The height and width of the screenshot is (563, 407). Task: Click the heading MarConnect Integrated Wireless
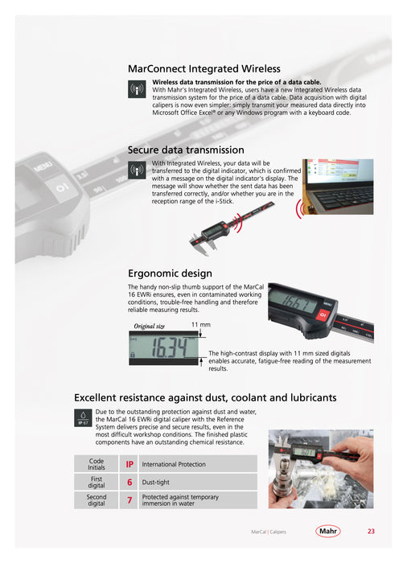(204, 68)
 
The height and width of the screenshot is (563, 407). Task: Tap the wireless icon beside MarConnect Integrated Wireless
(137, 89)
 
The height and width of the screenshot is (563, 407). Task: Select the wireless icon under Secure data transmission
(137, 170)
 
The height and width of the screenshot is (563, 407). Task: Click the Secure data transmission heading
(186, 150)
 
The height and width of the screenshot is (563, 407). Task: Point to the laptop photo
(338, 187)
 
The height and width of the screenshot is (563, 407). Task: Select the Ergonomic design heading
(170, 273)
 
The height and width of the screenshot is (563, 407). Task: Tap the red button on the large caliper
(323, 315)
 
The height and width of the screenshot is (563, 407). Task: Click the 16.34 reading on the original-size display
(169, 347)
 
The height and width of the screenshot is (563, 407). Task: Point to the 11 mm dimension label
(201, 325)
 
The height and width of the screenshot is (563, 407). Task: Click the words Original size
(149, 326)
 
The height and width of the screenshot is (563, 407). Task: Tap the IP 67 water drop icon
(83, 417)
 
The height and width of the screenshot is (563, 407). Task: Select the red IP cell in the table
(129, 464)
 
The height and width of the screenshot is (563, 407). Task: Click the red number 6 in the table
(129, 483)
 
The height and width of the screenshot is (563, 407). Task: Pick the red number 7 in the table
(129, 499)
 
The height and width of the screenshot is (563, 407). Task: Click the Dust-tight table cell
(198, 483)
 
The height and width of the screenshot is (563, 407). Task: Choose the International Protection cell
(198, 464)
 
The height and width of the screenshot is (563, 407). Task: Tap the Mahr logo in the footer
(328, 531)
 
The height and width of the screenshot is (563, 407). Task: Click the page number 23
(371, 531)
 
